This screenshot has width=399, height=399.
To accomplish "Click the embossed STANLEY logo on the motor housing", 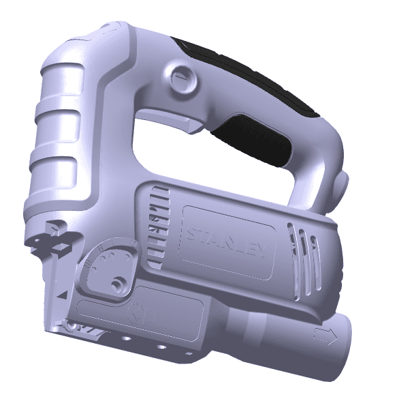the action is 227,243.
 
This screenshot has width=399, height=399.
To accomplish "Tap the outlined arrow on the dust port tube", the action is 325,336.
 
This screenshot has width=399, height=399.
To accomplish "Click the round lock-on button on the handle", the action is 183,78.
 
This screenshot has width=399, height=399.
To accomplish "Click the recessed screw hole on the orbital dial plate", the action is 118,284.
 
